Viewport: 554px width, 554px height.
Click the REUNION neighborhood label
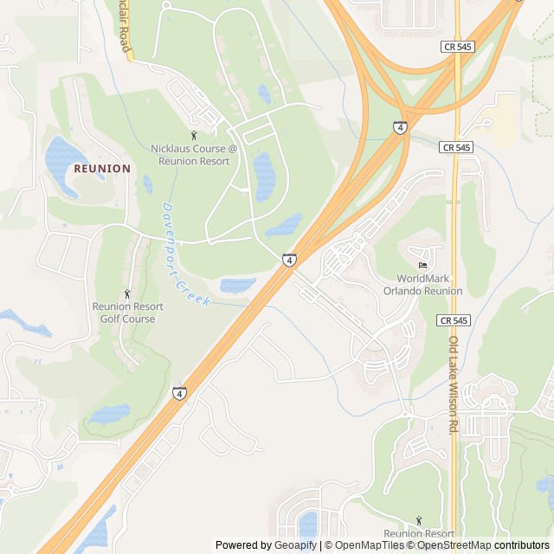click(x=102, y=168)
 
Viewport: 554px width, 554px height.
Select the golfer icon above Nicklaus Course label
click(x=194, y=135)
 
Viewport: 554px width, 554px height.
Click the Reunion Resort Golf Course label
click(x=127, y=312)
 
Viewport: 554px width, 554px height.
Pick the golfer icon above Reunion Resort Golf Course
click(x=128, y=293)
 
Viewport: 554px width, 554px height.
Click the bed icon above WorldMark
click(x=422, y=265)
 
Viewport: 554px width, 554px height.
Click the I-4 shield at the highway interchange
click(x=399, y=127)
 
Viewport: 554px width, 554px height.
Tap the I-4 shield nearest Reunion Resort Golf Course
click(x=179, y=393)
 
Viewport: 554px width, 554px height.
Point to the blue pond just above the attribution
click(x=308, y=524)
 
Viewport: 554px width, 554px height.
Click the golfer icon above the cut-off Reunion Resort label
click(x=419, y=520)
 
